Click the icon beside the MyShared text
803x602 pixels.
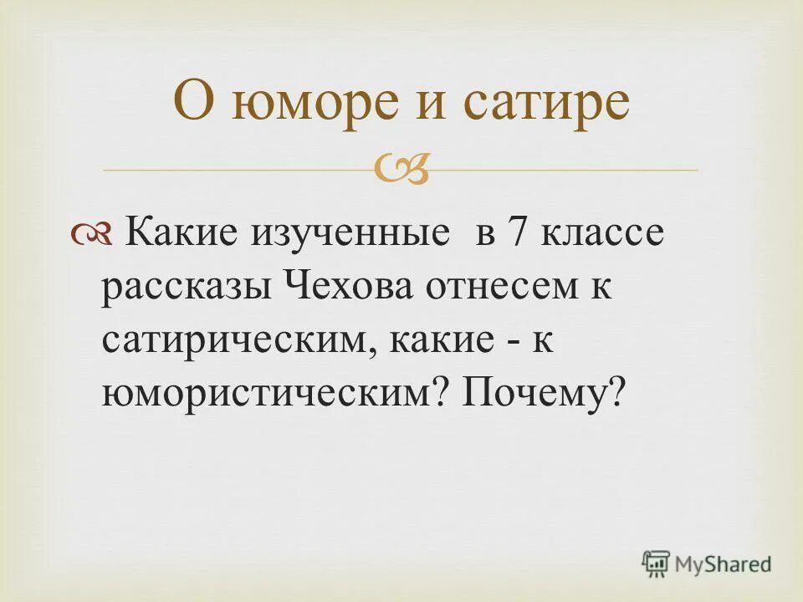(657, 564)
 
